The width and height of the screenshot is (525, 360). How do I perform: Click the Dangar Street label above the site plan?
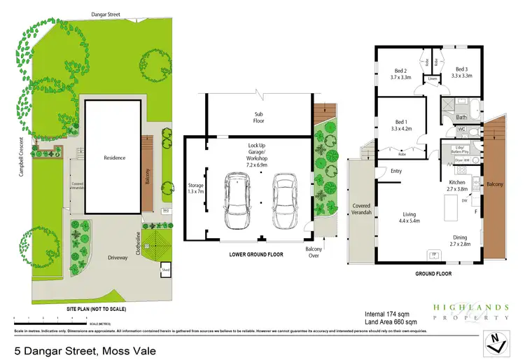(x=106, y=14)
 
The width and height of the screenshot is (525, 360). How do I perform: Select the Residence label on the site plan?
(x=114, y=158)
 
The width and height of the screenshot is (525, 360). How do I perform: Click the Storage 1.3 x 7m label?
(x=195, y=188)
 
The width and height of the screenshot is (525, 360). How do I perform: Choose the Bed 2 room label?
(x=397, y=72)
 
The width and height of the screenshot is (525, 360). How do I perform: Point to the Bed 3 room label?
(x=461, y=72)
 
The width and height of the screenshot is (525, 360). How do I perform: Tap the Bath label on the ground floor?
(x=462, y=117)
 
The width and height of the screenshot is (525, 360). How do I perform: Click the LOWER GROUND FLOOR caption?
(x=256, y=254)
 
